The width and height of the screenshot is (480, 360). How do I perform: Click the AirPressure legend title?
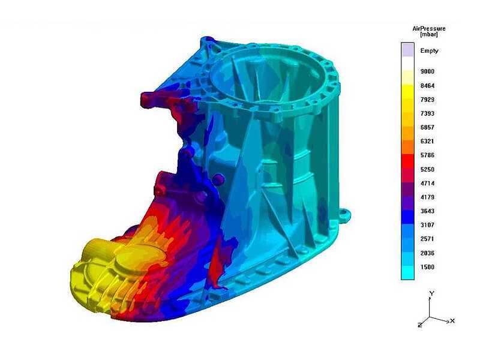coord(428,28)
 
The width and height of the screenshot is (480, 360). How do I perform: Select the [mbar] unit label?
coord(428,35)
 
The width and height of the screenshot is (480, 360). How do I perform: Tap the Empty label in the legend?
coord(429,51)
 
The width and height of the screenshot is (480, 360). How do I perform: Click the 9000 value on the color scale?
coord(427,71)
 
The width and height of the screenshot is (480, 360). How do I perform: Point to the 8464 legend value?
coord(427,86)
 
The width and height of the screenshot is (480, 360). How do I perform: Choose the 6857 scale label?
coord(427,128)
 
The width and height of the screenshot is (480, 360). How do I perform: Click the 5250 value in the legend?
coord(427,170)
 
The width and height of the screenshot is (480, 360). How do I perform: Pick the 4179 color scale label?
coord(427,197)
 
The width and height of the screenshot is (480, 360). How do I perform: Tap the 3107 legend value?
coord(427,225)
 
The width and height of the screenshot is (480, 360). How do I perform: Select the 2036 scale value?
coord(427,253)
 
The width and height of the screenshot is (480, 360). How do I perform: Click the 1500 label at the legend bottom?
coord(427,267)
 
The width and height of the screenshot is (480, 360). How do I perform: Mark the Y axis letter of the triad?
coord(431,293)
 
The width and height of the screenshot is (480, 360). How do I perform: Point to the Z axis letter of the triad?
coord(418,325)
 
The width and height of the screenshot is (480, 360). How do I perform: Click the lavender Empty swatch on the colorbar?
coord(407,50)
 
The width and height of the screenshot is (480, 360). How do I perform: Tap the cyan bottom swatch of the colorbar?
coord(407,272)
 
